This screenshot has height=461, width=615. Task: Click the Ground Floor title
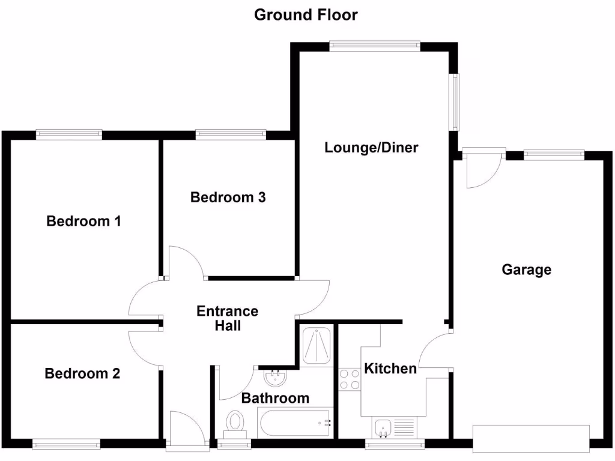(x=306, y=14)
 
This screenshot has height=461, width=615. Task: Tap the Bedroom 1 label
(x=84, y=221)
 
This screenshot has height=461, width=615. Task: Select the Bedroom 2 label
(x=82, y=374)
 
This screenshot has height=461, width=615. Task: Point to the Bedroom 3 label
(x=228, y=197)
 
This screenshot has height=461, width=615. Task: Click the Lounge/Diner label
(x=371, y=148)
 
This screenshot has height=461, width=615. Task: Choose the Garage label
(x=526, y=270)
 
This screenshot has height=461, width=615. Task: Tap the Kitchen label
(x=391, y=369)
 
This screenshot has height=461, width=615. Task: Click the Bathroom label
(x=275, y=398)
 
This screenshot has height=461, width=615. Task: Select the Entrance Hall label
(x=228, y=318)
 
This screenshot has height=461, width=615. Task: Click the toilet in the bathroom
(x=235, y=423)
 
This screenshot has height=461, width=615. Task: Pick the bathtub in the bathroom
(x=295, y=423)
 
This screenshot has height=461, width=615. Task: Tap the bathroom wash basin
(x=276, y=378)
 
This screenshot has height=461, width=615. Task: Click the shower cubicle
(x=316, y=345)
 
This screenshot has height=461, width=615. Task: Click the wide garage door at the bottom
(x=531, y=438)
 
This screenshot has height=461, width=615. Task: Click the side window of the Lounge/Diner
(x=456, y=102)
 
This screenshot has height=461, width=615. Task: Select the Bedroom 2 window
(x=66, y=444)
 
